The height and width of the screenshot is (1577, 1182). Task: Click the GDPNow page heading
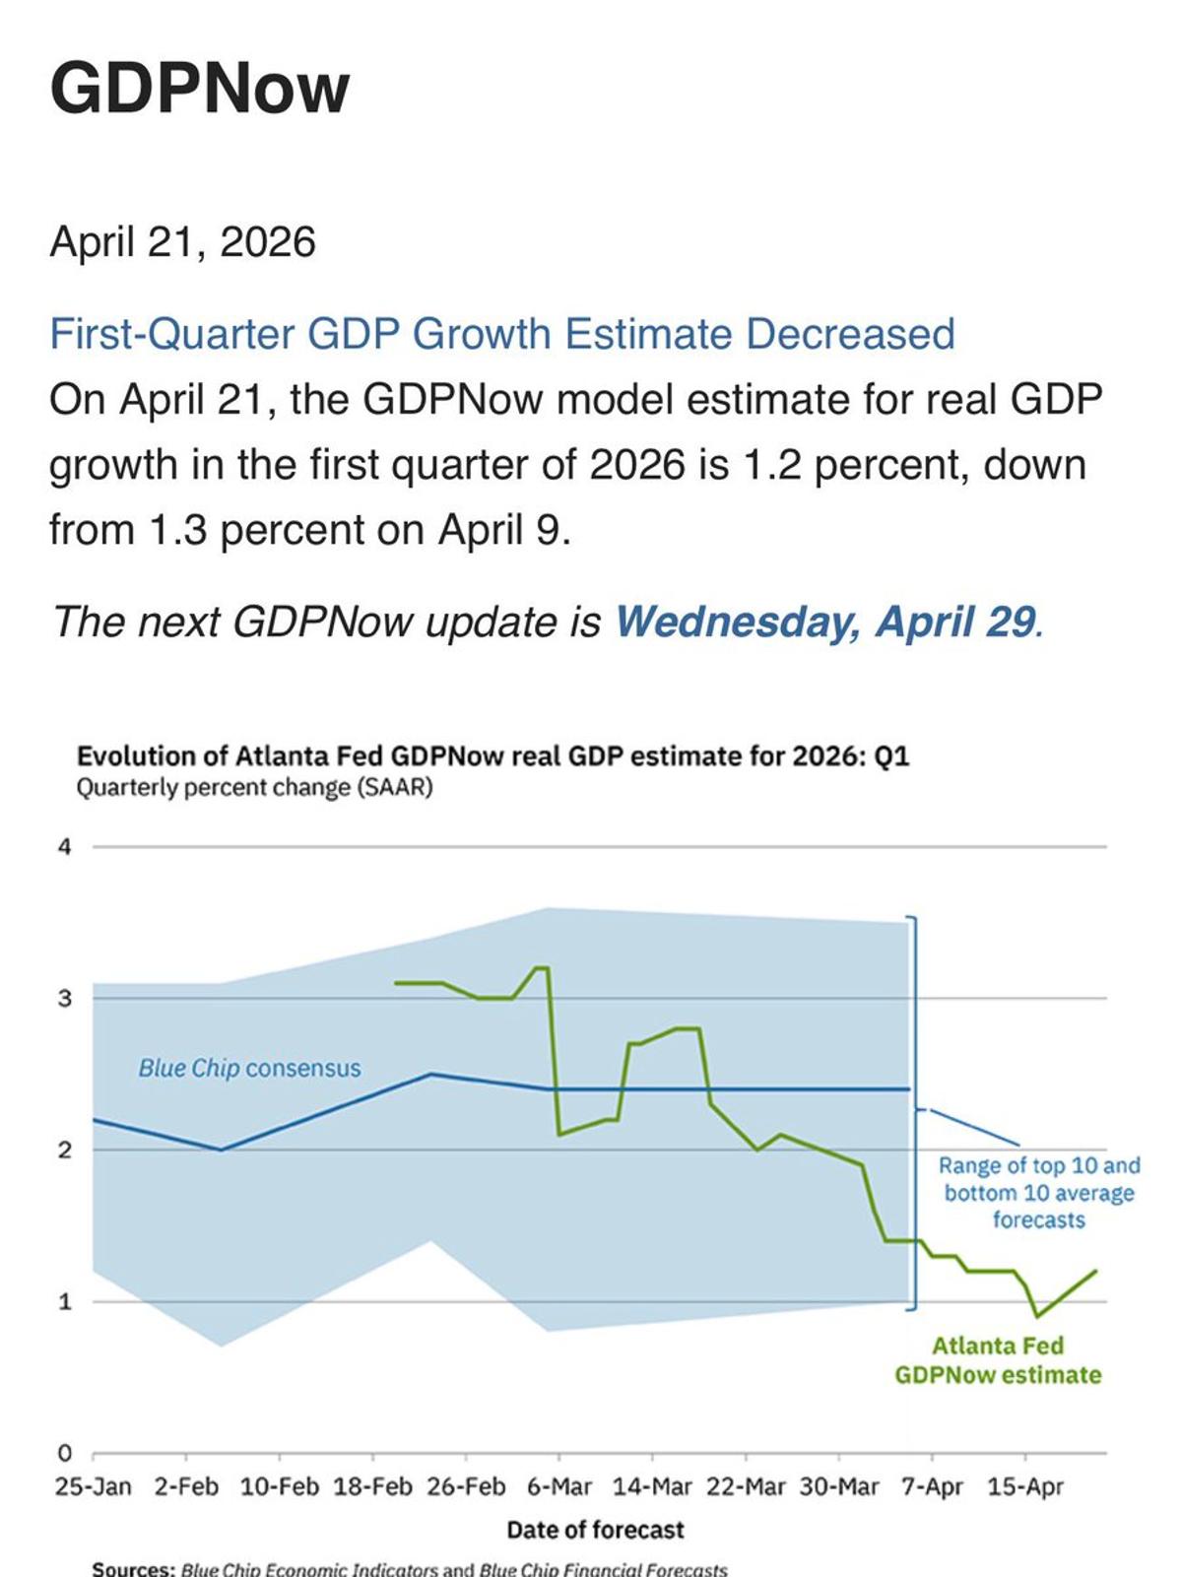[200, 89]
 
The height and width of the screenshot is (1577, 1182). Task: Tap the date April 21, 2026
[182, 242]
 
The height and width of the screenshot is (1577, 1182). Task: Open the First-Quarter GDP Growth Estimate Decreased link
[501, 334]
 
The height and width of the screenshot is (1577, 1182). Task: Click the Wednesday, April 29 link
[825, 622]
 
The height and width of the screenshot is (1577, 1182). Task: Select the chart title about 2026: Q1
[492, 756]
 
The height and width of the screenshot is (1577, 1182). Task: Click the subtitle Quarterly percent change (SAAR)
[254, 788]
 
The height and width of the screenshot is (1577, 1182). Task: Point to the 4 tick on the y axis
[65, 847]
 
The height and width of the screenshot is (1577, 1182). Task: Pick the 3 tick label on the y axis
[65, 999]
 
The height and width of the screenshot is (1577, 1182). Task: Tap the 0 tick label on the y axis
[65, 1454]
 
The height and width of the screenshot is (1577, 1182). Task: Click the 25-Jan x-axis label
[93, 1486]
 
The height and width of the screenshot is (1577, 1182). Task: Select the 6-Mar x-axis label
[559, 1486]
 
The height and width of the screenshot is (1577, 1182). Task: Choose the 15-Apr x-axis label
[1025, 1486]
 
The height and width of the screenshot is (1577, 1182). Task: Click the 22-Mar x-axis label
[746, 1486]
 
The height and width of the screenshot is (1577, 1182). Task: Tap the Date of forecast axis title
[595, 1530]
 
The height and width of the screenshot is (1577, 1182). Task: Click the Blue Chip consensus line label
[249, 1069]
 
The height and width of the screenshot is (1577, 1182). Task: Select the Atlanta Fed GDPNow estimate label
[998, 1360]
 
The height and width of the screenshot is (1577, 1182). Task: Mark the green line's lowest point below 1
[1037, 1316]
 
